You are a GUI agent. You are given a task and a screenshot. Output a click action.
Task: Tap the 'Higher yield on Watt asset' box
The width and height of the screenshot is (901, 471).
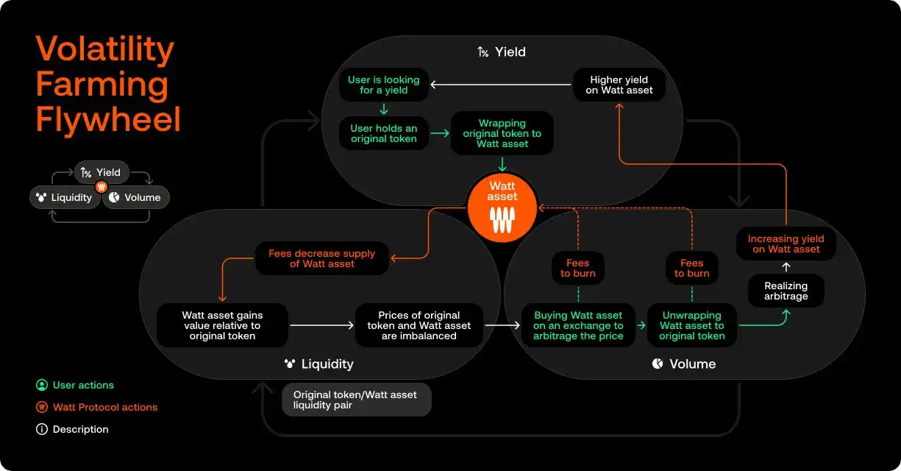tap(619, 85)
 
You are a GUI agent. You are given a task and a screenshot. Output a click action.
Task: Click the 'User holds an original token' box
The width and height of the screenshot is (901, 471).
tap(383, 134)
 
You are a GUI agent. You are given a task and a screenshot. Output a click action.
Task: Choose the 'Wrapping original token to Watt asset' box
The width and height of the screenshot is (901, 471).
tap(502, 133)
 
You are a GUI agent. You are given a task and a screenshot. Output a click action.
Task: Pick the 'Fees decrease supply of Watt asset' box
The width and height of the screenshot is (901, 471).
tap(321, 259)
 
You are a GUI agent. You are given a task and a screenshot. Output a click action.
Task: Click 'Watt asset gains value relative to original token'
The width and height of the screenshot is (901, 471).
tap(221, 325)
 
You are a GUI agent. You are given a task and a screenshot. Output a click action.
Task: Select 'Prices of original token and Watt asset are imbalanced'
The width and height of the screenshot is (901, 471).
tap(419, 325)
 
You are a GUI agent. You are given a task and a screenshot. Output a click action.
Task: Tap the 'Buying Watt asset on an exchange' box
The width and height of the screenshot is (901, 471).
tap(578, 325)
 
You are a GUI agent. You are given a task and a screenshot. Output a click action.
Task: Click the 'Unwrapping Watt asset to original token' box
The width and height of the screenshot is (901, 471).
tap(691, 325)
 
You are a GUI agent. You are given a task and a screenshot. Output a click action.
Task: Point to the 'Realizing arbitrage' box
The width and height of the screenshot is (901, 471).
tap(786, 291)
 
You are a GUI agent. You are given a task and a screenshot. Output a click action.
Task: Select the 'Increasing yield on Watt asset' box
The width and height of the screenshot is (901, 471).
tap(786, 244)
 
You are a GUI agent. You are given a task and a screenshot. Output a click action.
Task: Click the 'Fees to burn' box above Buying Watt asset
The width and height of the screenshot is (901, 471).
tap(578, 268)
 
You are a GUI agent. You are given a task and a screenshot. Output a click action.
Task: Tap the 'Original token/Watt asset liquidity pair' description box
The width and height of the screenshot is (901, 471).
tap(356, 400)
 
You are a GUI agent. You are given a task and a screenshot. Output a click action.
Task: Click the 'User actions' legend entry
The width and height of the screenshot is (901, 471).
tap(82, 385)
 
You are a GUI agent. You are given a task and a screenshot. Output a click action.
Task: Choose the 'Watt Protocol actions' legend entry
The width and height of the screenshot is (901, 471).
tap(104, 407)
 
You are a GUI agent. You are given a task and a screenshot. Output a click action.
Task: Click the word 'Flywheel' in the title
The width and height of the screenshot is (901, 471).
tap(108, 119)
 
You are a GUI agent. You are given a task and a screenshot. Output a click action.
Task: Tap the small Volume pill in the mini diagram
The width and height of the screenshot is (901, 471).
tap(136, 197)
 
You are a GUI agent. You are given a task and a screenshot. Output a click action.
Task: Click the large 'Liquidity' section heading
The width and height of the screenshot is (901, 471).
tap(318, 364)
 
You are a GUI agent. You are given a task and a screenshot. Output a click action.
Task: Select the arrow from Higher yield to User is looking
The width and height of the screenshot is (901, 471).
tap(501, 85)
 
